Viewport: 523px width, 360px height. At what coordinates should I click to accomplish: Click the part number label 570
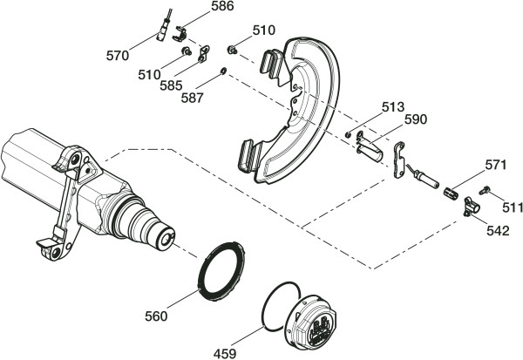click(118, 56)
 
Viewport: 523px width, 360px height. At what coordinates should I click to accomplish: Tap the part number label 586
click(222, 6)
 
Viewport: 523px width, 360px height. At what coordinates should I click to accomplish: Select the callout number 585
click(171, 85)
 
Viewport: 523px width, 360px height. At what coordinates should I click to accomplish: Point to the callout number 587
click(192, 98)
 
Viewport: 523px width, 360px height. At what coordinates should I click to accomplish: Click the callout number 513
click(393, 107)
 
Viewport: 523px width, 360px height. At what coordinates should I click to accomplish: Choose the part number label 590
click(416, 119)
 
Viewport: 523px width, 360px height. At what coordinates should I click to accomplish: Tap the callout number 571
click(496, 165)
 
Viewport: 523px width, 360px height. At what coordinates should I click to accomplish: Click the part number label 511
click(513, 207)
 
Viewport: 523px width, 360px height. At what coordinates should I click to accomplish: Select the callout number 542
click(498, 230)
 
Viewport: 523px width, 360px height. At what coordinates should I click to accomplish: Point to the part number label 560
click(156, 316)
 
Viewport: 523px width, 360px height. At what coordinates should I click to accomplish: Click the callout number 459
click(225, 353)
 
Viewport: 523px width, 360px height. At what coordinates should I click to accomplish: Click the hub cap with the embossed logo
click(311, 322)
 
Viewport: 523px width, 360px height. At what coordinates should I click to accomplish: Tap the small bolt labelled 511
click(484, 191)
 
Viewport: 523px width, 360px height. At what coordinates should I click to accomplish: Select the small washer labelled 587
click(223, 71)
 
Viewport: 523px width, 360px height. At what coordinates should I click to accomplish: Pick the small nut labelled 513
click(348, 134)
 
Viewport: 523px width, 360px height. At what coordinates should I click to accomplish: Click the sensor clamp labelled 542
click(472, 207)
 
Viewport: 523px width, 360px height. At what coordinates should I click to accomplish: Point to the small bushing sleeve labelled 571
click(451, 194)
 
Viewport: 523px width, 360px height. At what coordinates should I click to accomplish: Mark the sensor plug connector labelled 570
click(163, 30)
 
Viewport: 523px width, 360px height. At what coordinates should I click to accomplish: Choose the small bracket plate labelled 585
click(204, 54)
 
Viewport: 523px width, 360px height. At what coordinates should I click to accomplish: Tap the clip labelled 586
click(180, 34)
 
